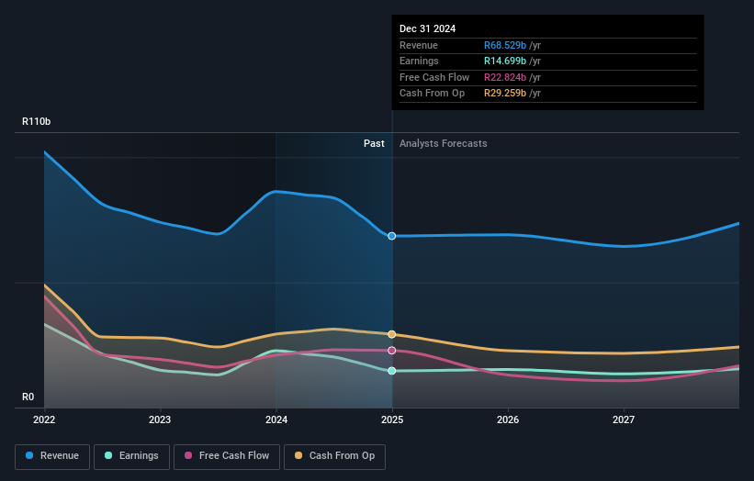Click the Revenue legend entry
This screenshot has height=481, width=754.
[52, 455]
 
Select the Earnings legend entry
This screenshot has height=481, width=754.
[131, 455]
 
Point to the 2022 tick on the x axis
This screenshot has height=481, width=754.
[44, 419]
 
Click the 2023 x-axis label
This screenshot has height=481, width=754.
[161, 419]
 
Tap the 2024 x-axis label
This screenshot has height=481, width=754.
[276, 419]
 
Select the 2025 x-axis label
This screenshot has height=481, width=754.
[392, 419]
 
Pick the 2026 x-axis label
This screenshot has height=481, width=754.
[508, 419]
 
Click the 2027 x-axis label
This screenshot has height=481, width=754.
[624, 419]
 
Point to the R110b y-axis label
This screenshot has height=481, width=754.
[37, 121]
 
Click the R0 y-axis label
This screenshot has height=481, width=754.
[29, 397]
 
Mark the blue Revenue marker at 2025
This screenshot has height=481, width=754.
[392, 236]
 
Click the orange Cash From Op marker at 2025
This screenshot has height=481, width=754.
[392, 334]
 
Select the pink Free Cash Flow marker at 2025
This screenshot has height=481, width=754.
[392, 351]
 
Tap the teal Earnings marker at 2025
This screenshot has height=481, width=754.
[392, 371]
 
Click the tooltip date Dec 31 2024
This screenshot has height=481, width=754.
[427, 29]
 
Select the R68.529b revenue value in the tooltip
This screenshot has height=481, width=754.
[512, 46]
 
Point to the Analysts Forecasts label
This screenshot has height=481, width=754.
[443, 143]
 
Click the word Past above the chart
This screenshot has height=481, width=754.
[374, 143]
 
